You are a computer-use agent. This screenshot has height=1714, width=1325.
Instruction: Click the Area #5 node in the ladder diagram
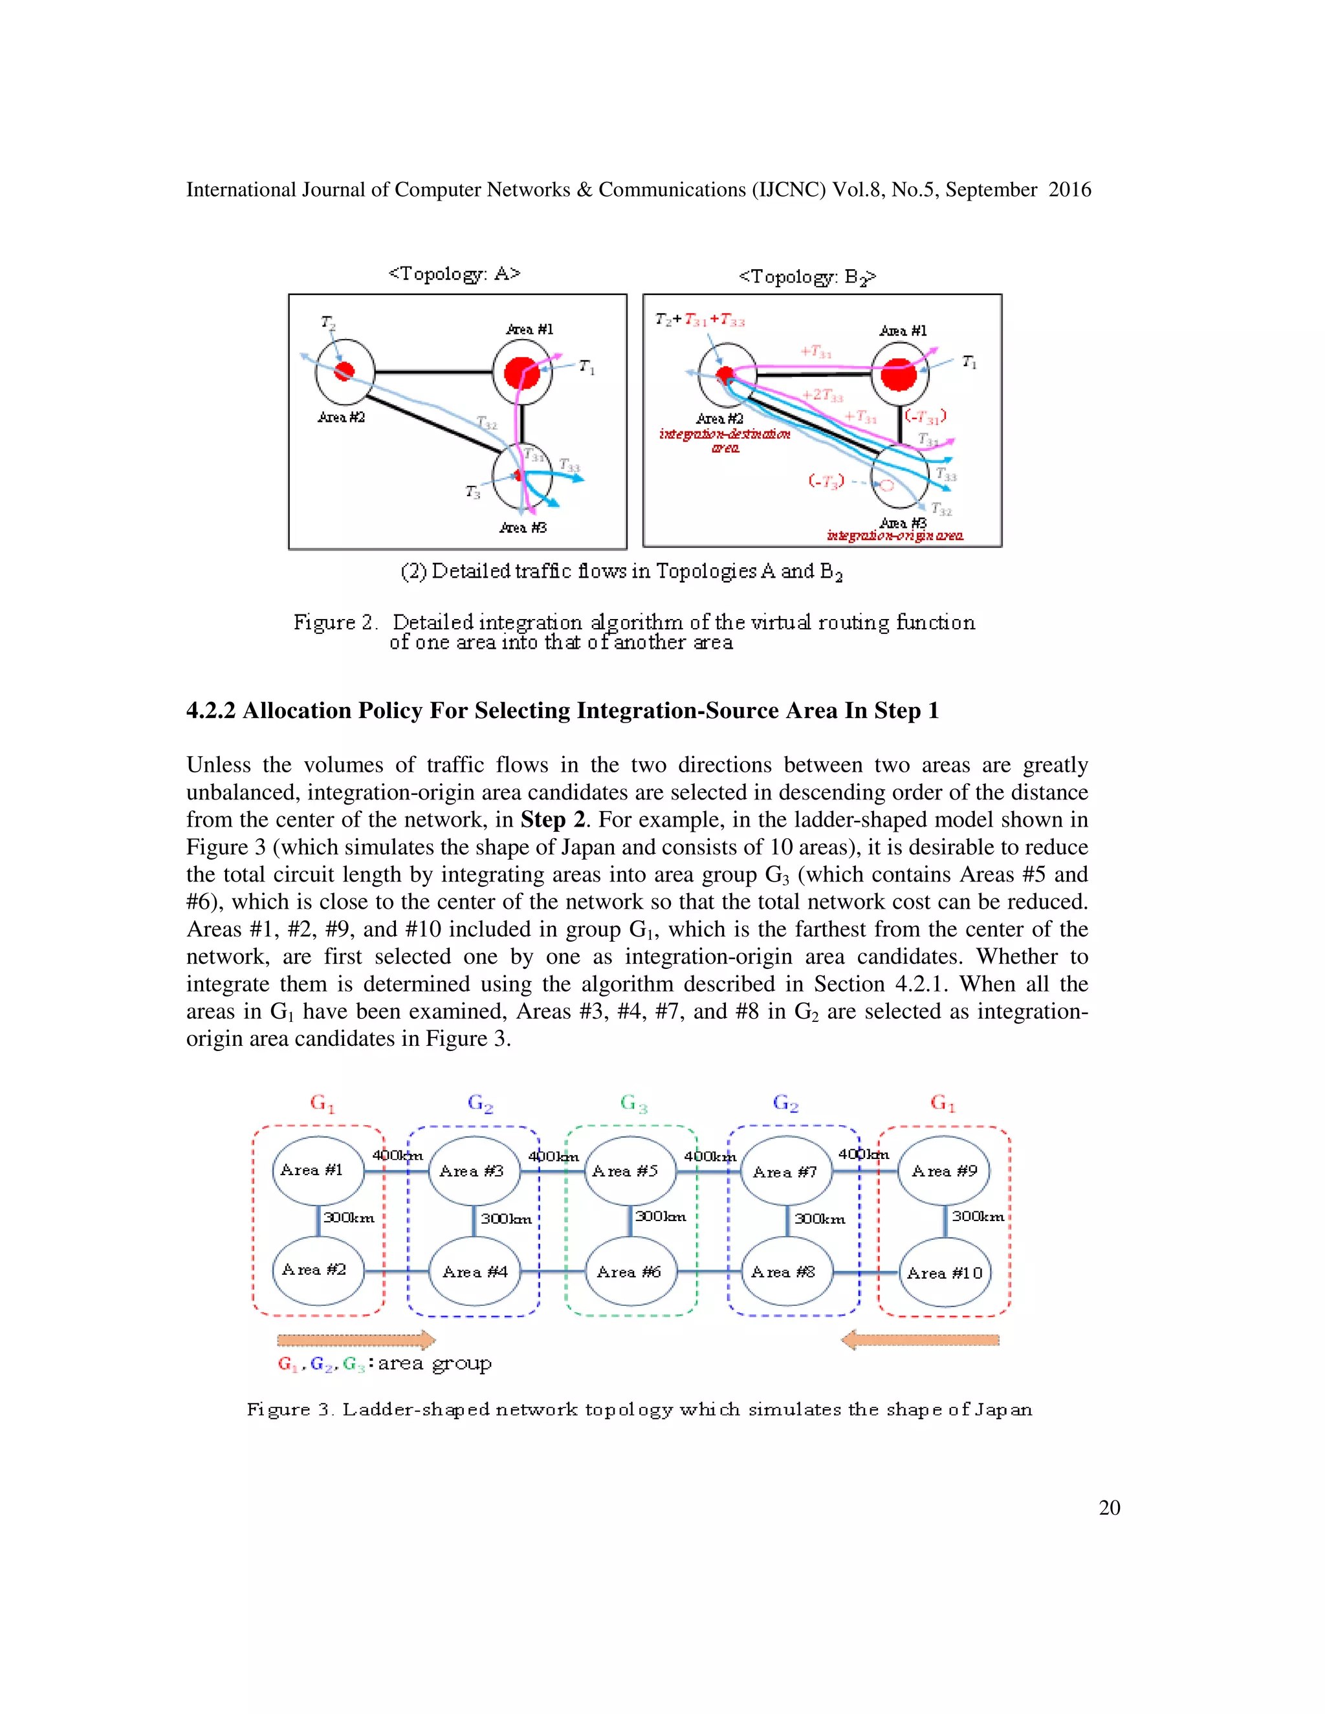point(630,1171)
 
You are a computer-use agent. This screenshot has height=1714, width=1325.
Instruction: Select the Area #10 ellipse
point(945,1273)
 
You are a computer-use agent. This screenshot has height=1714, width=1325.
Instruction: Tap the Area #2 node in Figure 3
point(317,1270)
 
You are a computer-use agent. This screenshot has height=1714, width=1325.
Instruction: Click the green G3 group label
point(633,1103)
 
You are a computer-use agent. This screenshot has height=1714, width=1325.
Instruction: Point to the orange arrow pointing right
point(356,1340)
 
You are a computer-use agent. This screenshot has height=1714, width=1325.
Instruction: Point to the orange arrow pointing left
point(920,1340)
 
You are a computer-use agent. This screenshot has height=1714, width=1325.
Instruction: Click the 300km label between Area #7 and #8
point(820,1219)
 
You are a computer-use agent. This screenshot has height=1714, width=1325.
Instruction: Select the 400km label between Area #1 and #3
point(397,1155)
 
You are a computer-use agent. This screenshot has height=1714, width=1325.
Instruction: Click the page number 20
point(1109,1508)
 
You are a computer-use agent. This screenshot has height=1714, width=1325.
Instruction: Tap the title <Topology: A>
point(454,274)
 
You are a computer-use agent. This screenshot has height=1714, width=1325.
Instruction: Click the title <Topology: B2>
point(807,277)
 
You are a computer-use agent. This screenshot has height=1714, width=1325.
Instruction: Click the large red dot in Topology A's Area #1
point(522,372)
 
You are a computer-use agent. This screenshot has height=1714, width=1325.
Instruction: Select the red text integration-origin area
point(895,536)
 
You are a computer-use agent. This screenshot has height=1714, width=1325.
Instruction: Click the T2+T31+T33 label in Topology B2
point(699,320)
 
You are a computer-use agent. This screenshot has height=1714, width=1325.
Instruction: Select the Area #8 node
point(785,1272)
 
